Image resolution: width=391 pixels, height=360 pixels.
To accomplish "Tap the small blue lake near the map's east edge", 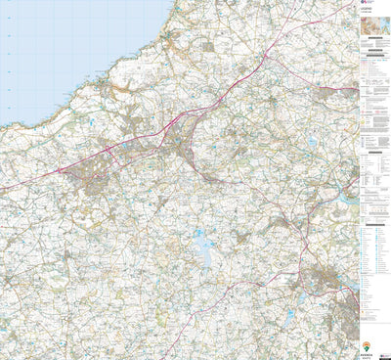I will [x=311, y=142].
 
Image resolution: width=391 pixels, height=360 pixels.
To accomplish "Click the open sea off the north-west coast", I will [x=59, y=49].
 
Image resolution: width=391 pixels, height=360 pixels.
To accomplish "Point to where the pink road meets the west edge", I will [x=2, y=189].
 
